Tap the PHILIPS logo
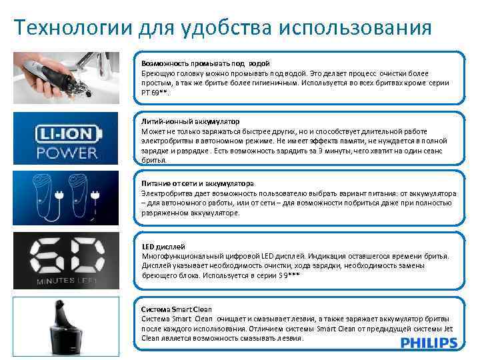coord(429,343)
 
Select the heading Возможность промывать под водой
coord(205,63)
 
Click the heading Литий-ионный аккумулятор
coord(190,123)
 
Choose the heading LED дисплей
coord(163,247)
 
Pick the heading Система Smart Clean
coord(177,309)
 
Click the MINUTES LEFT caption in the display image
coord(66,281)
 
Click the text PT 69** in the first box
coord(155,93)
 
